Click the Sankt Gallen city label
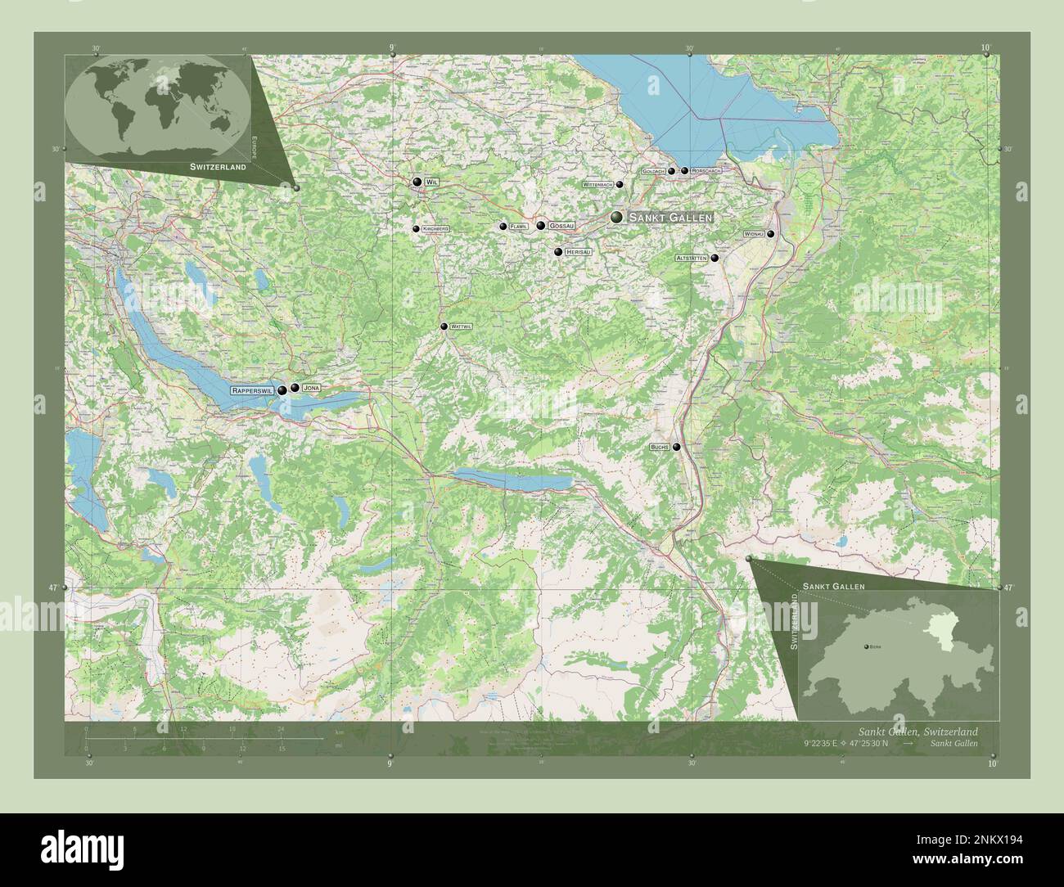tap(670, 218)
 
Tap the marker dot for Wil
tap(417, 182)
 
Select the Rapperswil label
tap(253, 390)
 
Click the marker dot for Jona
tap(294, 388)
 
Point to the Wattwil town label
tap(462, 326)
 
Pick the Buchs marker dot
tap(677, 447)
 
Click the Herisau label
tap(578, 252)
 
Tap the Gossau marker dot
tap(541, 226)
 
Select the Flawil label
tap(519, 227)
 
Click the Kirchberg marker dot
tap(416, 229)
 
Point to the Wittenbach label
tap(597, 185)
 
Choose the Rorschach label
tap(706, 171)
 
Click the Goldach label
tap(653, 171)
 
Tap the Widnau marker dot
tap(770, 234)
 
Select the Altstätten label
tap(691, 258)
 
